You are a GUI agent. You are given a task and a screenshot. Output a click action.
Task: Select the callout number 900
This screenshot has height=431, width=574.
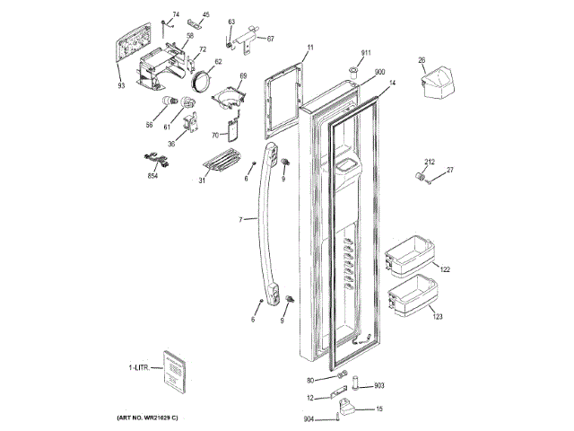[379, 72]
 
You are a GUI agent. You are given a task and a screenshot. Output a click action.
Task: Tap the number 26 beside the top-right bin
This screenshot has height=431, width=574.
[421, 60]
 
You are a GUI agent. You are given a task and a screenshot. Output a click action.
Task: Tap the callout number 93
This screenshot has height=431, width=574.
[121, 86]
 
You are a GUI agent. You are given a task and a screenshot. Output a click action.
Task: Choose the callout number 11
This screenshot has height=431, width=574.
[310, 46]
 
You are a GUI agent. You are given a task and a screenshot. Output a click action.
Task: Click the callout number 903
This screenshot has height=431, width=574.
[378, 385]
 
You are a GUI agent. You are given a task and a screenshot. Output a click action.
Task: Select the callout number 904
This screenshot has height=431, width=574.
[309, 418]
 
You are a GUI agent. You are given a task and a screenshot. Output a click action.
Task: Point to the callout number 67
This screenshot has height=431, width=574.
[270, 39]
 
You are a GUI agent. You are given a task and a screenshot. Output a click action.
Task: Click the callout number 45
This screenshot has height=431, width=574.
[205, 15]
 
